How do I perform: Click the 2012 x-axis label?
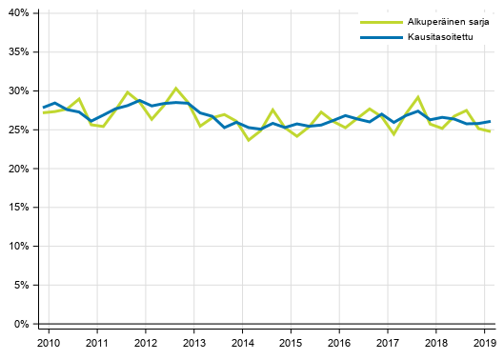coord(145,342)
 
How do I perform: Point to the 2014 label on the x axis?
coord(242,342)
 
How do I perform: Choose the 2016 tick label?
coord(339,342)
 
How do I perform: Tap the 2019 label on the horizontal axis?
coord(484,342)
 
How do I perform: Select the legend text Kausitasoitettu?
coord(437,37)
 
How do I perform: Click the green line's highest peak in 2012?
coord(176,88)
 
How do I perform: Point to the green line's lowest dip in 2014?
coord(249,140)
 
